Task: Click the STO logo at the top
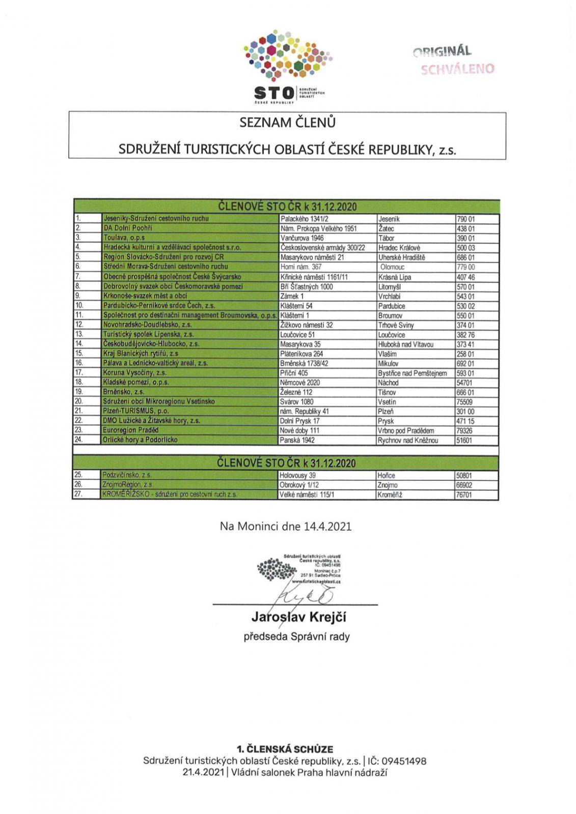(x=288, y=66)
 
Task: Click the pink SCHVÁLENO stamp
(x=457, y=69)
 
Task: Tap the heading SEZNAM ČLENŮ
(x=287, y=123)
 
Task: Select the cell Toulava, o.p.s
(x=124, y=238)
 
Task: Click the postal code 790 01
(x=465, y=219)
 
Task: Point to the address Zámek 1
(x=292, y=296)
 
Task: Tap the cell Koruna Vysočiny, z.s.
(x=135, y=372)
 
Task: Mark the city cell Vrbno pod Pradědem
(x=406, y=430)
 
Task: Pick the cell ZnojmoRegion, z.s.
(x=128, y=485)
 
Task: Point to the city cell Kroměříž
(x=390, y=495)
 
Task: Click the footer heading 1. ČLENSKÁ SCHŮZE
(x=285, y=749)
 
